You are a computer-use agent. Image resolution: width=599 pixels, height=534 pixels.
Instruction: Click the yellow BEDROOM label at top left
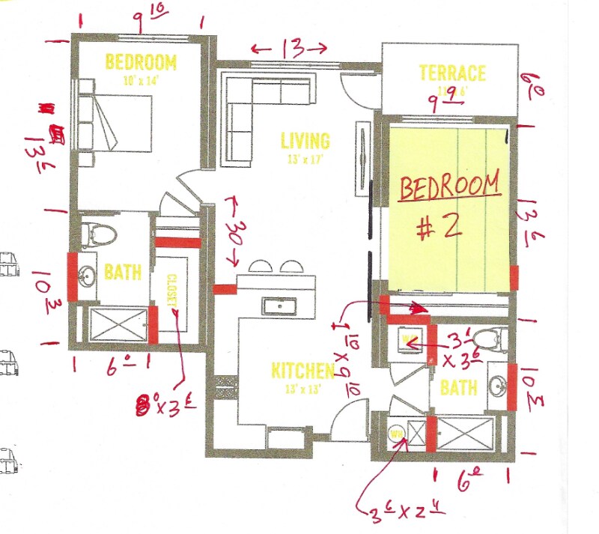click(141, 61)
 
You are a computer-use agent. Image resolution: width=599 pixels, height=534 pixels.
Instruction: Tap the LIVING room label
click(305, 140)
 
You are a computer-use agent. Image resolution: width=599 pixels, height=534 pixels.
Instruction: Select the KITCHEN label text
click(302, 370)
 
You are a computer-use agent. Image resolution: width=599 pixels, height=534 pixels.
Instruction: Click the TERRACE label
click(451, 73)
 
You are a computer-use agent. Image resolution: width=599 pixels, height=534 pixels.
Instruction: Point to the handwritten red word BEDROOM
click(449, 186)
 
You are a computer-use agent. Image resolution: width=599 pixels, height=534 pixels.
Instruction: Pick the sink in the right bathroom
click(495, 386)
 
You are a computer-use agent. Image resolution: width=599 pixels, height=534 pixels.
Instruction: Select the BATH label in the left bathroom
click(123, 273)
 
